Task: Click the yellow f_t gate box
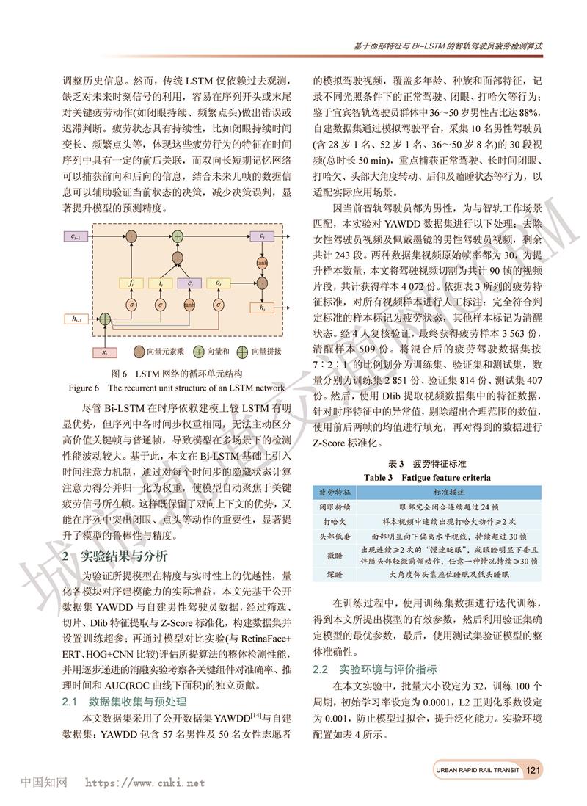(132, 283)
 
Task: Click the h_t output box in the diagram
(261, 308)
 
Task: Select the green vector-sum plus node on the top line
(177, 236)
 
